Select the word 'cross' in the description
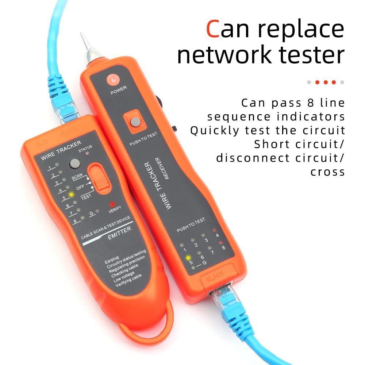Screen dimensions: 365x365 coord(327,172)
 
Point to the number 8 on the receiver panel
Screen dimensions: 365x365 coord(223,248)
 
